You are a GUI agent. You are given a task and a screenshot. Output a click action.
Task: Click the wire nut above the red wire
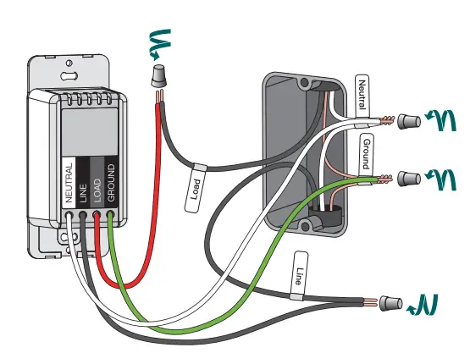pos(158,77)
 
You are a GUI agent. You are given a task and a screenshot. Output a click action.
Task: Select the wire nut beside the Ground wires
pos(409,179)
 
